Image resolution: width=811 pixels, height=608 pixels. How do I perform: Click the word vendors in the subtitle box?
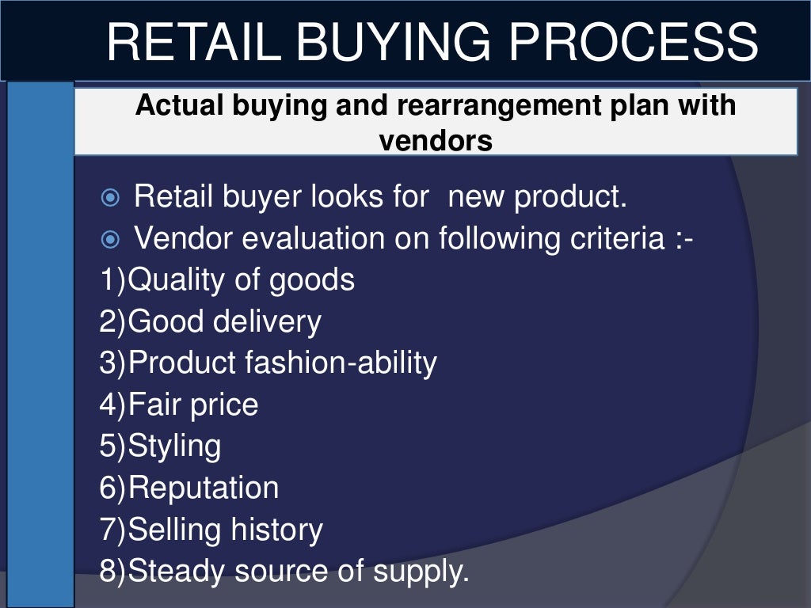436,142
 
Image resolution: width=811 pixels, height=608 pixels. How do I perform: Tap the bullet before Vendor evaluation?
111,239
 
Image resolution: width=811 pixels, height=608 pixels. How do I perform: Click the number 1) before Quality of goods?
112,280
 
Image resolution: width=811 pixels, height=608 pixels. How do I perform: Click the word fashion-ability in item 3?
341,363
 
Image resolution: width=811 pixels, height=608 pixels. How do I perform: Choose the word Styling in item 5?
174,446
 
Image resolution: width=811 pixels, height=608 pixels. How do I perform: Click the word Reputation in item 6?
203,487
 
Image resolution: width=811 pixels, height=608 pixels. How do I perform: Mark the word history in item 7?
276,529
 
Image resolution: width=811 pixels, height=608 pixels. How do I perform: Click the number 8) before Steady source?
112,570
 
